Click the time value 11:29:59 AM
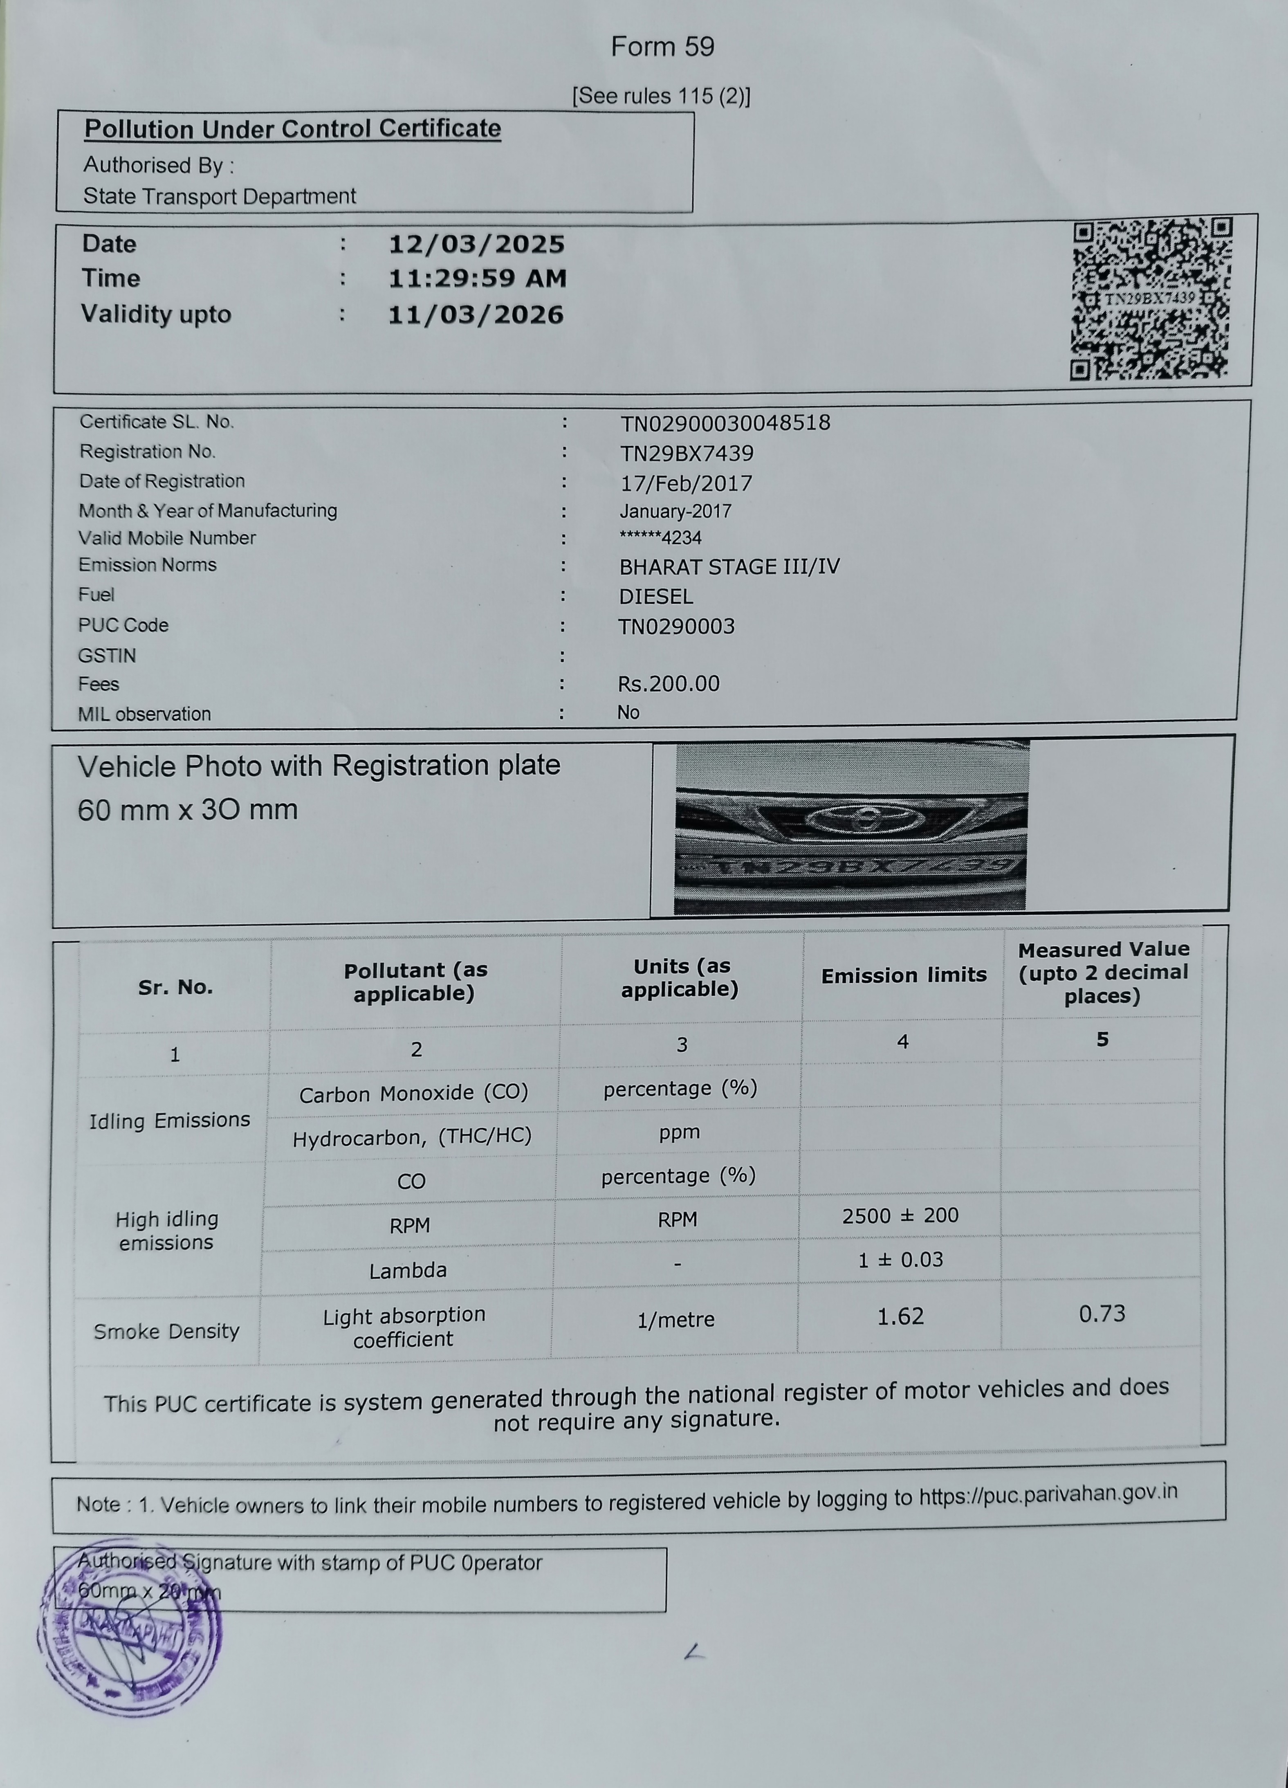tap(477, 278)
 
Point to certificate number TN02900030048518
tap(725, 423)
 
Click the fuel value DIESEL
tap(656, 597)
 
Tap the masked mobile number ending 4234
tap(660, 538)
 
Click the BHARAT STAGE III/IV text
tap(729, 567)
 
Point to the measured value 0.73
tap(1101, 1314)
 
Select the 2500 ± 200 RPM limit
tap(900, 1215)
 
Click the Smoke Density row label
tap(166, 1332)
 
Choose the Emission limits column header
tap(903, 976)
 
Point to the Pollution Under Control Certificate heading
tap(292, 128)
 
